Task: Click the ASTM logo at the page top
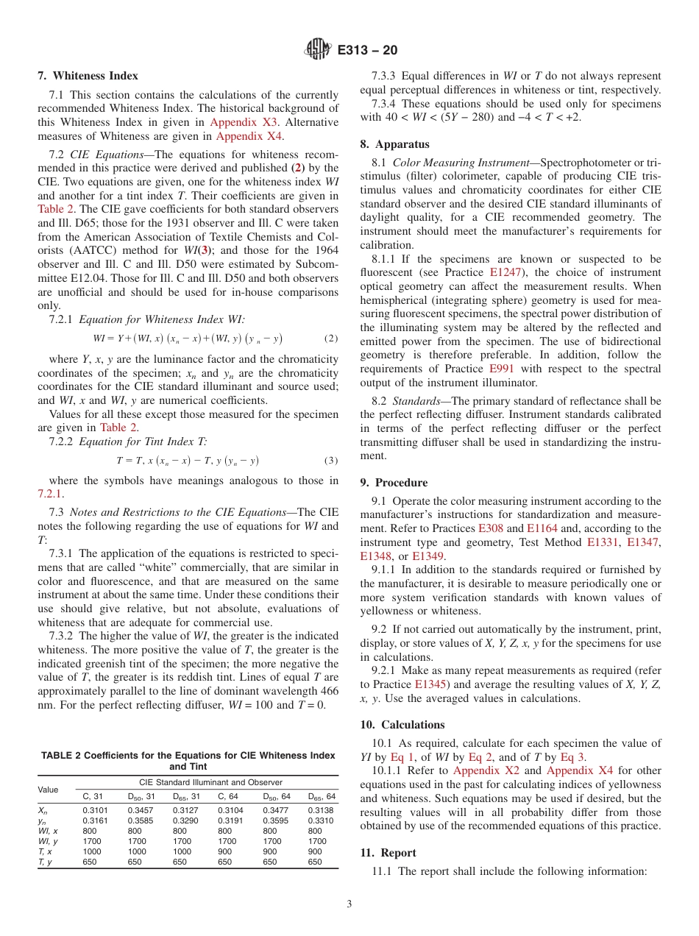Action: pyautogui.click(x=318, y=50)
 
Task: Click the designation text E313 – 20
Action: pyautogui.click(x=368, y=50)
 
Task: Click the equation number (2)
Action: pyautogui.click(x=331, y=339)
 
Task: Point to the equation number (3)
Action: pyautogui.click(x=331, y=461)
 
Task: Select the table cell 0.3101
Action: pyautogui.click(x=94, y=809)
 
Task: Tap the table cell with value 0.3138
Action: pyautogui.click(x=320, y=809)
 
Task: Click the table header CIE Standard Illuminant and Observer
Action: pyautogui.click(x=210, y=782)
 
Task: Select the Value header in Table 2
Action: pyautogui.click(x=49, y=789)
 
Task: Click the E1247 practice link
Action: pyautogui.click(x=505, y=273)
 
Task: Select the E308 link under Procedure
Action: pyautogui.click(x=490, y=528)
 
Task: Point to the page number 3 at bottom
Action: pyautogui.click(x=349, y=901)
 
